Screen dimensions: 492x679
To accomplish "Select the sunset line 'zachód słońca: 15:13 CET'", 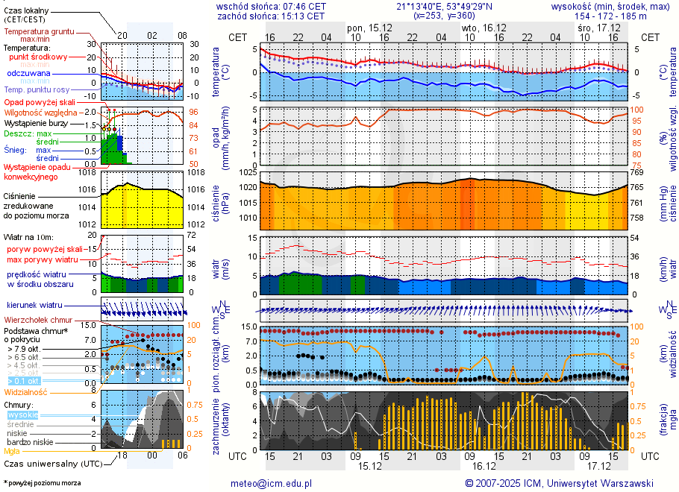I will click(x=270, y=15).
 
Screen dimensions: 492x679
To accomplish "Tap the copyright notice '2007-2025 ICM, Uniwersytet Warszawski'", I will click(x=564, y=483).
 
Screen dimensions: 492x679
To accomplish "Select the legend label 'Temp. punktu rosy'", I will click(x=39, y=89).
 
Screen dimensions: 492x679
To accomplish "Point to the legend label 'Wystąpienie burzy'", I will click(x=37, y=122).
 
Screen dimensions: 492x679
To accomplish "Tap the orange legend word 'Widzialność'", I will click(x=26, y=391).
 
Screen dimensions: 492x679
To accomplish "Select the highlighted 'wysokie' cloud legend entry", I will click(x=22, y=414).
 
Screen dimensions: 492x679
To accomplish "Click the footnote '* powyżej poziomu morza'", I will click(x=42, y=483).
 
